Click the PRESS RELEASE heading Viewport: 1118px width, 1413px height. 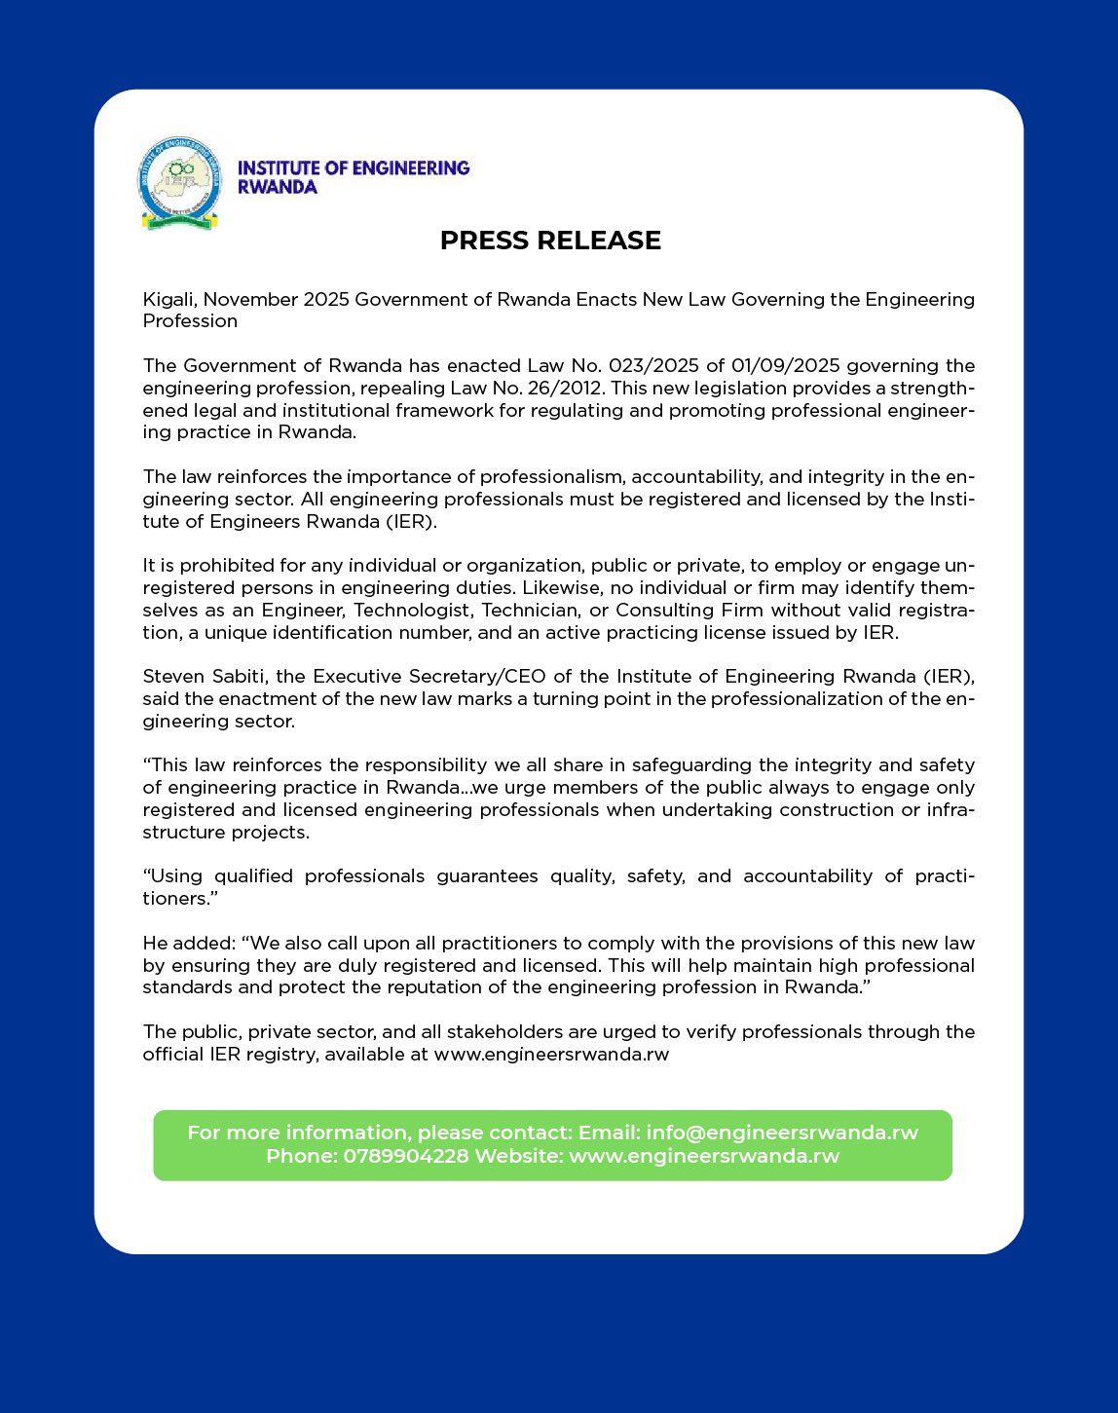550,241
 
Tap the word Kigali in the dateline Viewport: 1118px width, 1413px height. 168,300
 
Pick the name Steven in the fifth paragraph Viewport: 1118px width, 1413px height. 172,677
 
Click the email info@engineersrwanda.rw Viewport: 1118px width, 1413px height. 782,1133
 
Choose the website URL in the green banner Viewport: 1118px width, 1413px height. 703,1156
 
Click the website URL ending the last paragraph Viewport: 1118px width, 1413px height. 551,1055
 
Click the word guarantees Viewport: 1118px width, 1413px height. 487,876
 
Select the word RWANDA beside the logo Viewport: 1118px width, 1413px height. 278,187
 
